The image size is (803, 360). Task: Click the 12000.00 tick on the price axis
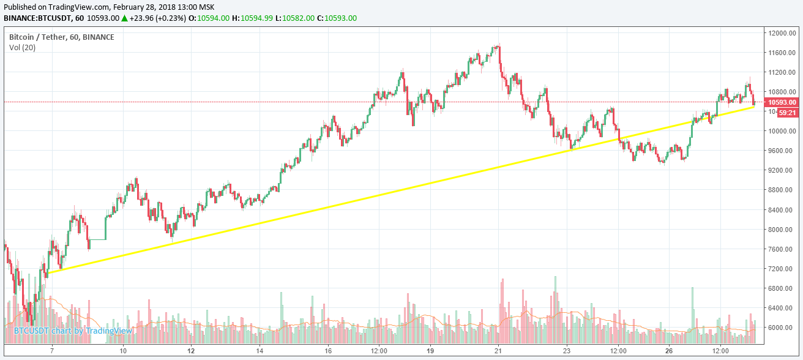point(782,33)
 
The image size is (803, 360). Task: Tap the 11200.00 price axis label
point(782,72)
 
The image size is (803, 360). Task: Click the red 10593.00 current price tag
point(782,102)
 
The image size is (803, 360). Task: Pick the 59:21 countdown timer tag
point(786,113)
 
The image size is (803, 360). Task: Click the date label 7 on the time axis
point(52,351)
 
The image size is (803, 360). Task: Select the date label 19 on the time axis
point(430,351)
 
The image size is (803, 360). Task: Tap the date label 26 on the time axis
point(669,351)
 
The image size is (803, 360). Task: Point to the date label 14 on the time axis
point(260,351)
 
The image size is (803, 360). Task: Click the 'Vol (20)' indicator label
point(22,47)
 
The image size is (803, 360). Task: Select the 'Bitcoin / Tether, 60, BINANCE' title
point(61,37)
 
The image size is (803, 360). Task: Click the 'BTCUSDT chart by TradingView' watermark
point(73,331)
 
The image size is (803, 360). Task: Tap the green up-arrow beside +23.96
point(124,18)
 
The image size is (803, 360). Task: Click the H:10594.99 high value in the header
point(255,18)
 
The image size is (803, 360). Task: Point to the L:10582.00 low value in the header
point(295,18)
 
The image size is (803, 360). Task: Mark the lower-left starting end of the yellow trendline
point(48,273)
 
